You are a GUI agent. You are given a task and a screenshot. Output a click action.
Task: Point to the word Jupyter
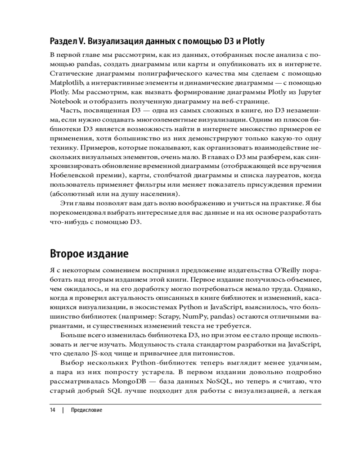click(310, 92)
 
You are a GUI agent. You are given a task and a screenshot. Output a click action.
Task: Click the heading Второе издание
click(90, 253)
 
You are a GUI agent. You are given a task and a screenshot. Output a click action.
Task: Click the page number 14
click(53, 410)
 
